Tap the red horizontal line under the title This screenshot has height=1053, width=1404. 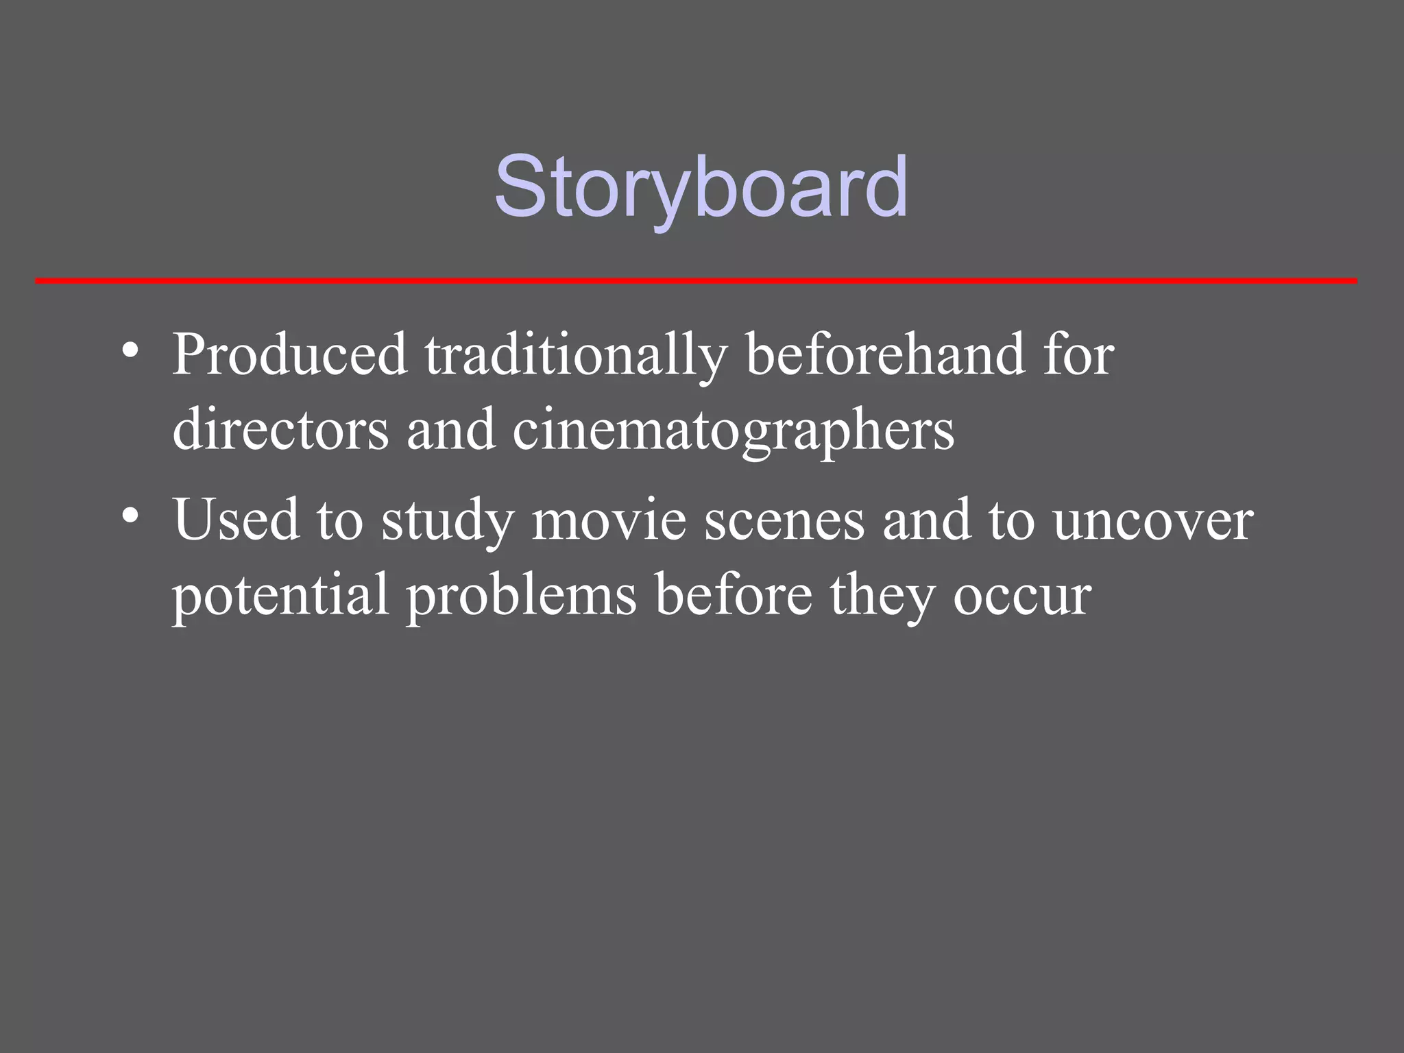[696, 280]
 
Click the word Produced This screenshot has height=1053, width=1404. [289, 355]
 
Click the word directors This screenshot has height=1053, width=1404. [280, 430]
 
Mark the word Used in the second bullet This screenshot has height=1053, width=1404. [237, 520]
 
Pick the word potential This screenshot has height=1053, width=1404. [280, 595]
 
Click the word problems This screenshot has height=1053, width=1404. [522, 595]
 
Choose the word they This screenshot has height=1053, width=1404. [882, 595]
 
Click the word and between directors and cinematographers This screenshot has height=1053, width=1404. [450, 430]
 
